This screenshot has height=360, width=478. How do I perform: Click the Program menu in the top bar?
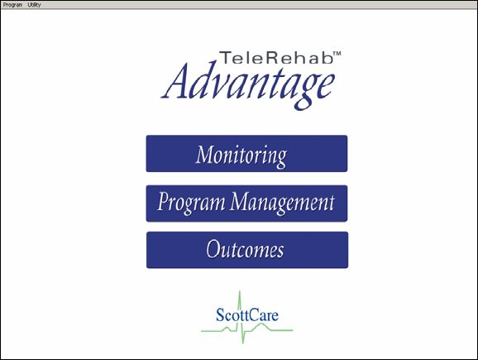tap(12, 5)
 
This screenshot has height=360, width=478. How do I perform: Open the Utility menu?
tap(34, 5)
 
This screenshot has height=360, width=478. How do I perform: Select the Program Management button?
tap(246, 204)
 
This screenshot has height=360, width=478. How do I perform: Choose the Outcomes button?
tap(247, 250)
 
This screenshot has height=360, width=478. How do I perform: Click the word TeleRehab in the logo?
tap(276, 58)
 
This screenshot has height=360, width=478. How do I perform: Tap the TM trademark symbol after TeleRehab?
tap(337, 54)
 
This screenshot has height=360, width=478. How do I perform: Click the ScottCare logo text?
tap(247, 314)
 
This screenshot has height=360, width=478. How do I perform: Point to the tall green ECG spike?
tap(241, 317)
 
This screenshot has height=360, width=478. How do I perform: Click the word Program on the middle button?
tap(191, 203)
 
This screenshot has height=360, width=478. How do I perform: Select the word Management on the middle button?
tap(282, 203)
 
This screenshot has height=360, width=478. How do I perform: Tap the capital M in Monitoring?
tap(205, 154)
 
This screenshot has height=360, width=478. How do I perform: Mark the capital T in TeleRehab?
tap(226, 58)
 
